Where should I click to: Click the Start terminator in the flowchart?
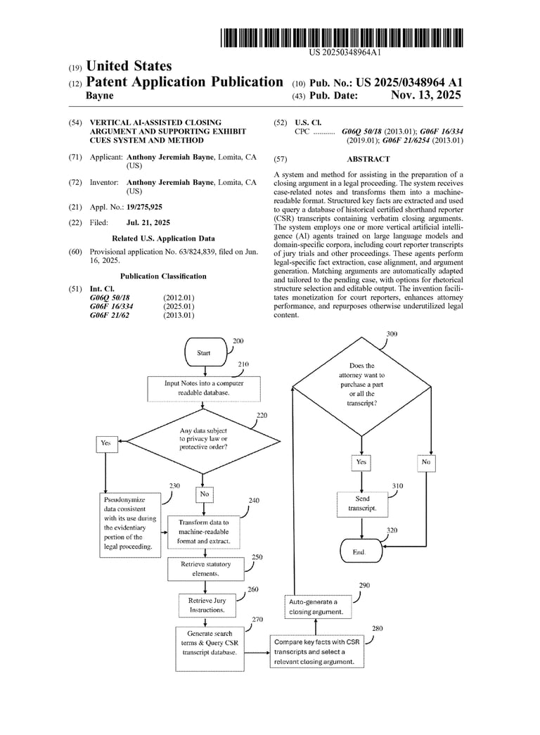click(204, 352)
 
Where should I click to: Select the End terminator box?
click(359, 552)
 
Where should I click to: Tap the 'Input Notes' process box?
click(203, 388)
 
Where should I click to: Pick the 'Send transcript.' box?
click(362, 503)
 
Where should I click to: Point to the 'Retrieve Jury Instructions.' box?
click(207, 605)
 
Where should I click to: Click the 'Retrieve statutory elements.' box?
click(200, 569)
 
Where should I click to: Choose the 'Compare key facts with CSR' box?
click(318, 652)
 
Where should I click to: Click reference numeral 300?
click(392, 333)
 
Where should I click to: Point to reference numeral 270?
click(257, 620)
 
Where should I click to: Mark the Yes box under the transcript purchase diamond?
click(361, 462)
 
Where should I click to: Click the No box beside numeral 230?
click(205, 494)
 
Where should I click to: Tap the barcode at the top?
click(341, 37)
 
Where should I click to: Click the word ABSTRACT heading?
click(368, 160)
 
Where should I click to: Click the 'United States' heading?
click(129, 66)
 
